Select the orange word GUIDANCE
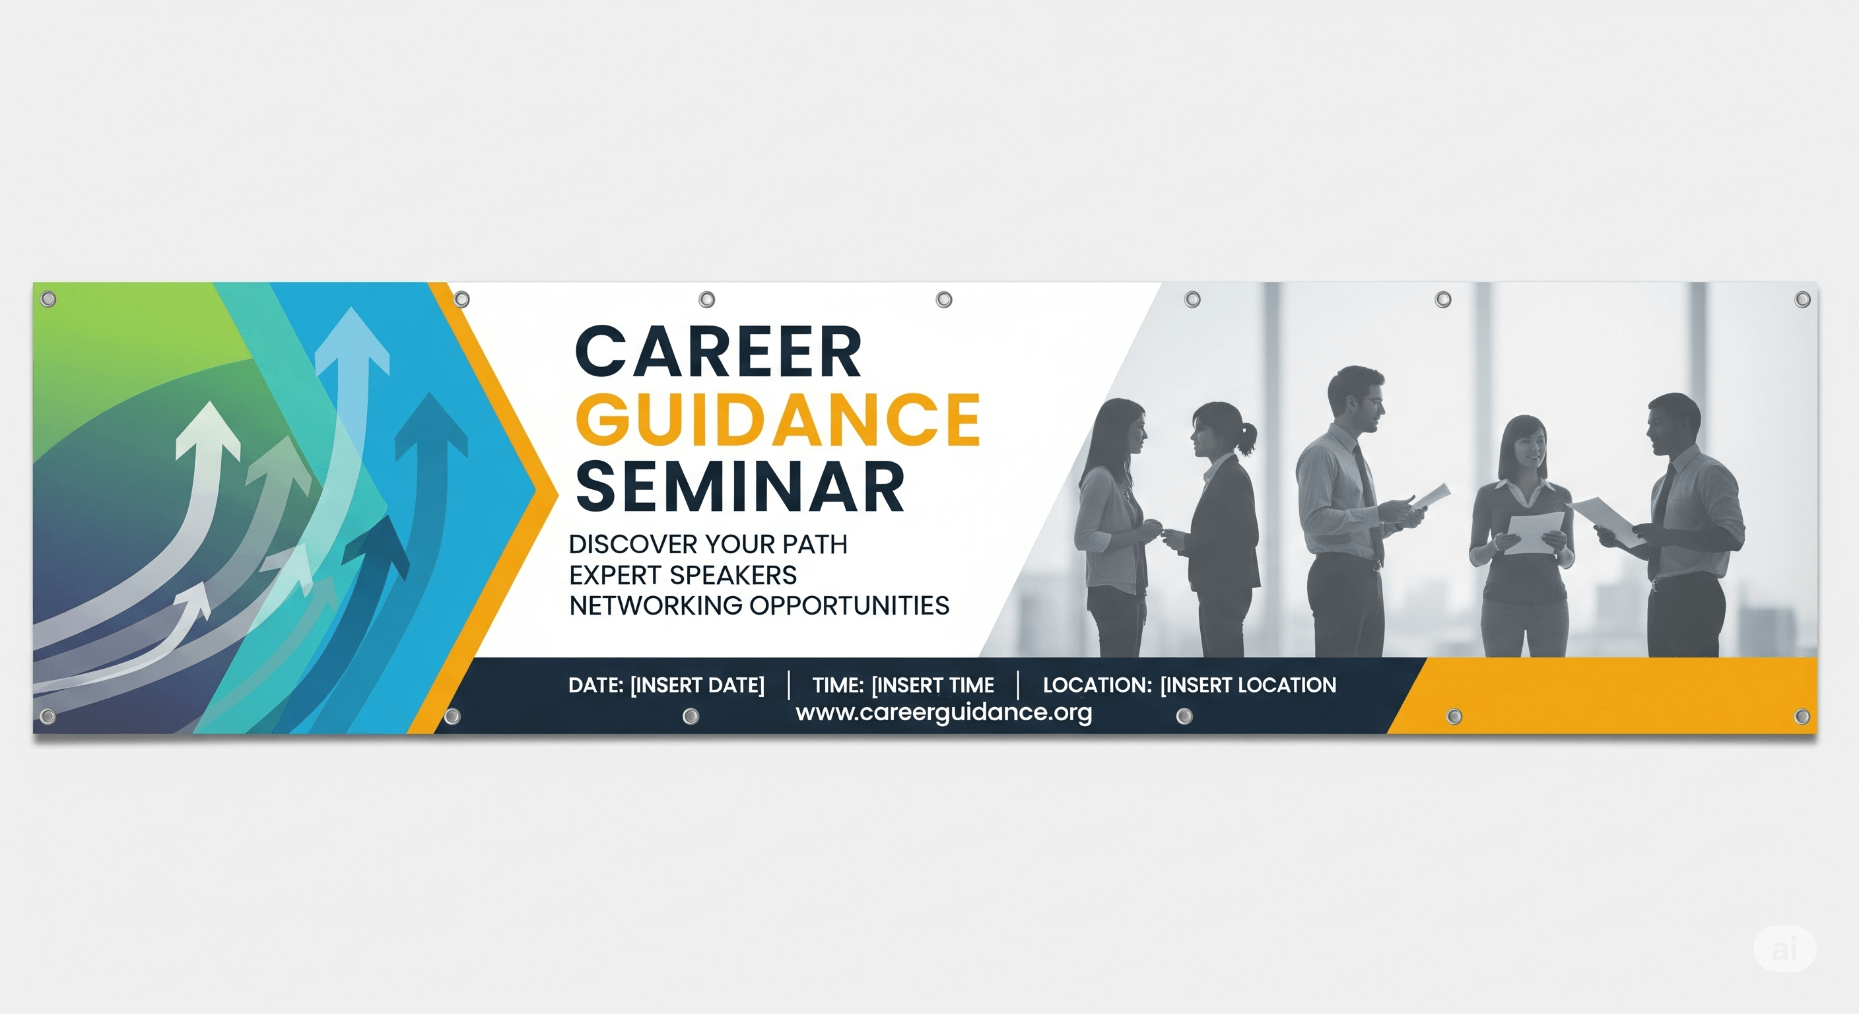coord(777,419)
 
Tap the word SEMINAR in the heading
coord(739,487)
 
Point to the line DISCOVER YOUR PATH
coord(708,544)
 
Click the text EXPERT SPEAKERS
coord(683,575)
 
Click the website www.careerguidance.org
coord(943,712)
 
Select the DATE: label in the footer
coord(595,685)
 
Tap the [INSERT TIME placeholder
coord(932,685)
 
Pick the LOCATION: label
coord(1097,685)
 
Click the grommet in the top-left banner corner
coord(48,299)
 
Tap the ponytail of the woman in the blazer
coord(1246,438)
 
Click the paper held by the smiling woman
coord(1534,533)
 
